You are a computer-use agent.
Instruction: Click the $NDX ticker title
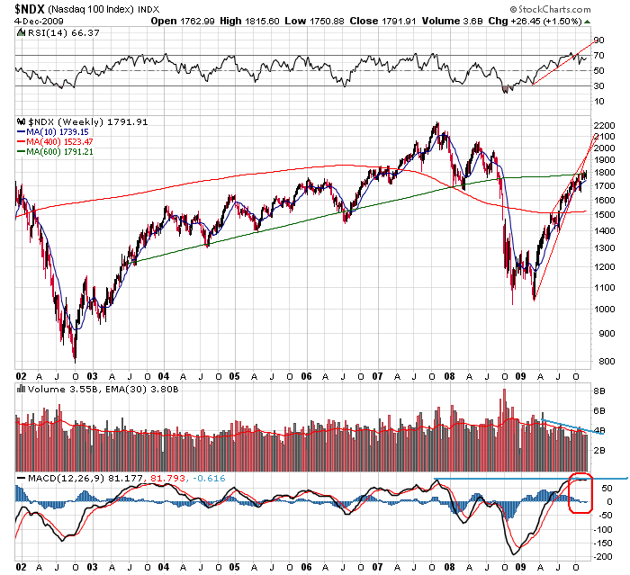click(x=26, y=8)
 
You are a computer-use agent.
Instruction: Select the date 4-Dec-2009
click(x=31, y=20)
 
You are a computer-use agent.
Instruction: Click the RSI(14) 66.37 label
click(x=53, y=33)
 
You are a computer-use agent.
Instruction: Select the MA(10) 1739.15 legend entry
click(x=57, y=131)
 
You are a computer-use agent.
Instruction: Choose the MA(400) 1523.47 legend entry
click(x=59, y=141)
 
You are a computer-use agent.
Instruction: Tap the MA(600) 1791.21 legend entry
click(x=59, y=151)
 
